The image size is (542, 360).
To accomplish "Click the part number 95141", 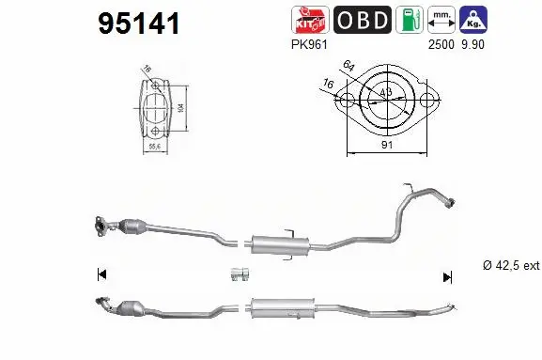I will point(139,24).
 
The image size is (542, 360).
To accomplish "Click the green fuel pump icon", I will point(409,20).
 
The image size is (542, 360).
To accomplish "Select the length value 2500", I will point(441,43).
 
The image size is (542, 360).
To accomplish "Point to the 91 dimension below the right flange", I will point(388,145).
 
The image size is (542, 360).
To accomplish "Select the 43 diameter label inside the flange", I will point(387,93).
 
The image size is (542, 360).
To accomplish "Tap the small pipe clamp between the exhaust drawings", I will point(238,274).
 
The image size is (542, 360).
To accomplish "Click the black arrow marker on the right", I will point(448,276).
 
